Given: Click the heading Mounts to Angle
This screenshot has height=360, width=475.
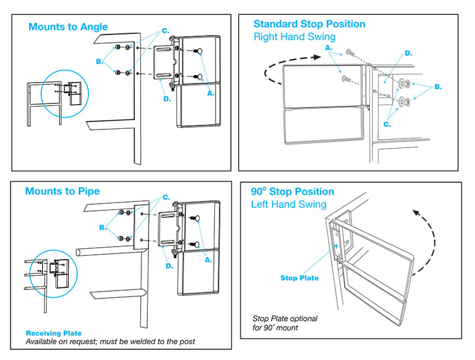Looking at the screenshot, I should tap(68, 27).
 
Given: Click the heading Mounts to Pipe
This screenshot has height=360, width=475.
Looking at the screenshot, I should tap(62, 191).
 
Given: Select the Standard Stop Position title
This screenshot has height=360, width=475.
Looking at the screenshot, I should tap(309, 24).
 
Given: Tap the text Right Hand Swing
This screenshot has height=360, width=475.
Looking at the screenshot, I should tap(294, 37).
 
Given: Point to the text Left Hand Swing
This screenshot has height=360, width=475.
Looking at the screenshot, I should tap(289, 204).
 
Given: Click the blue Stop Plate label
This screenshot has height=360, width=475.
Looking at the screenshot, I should tap(299, 278).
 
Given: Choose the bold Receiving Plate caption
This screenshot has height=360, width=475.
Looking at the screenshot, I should tap(53, 333).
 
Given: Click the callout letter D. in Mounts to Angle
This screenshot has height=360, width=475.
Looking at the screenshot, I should tap(167, 99).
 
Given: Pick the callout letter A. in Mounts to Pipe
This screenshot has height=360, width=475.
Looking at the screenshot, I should tap(208, 260).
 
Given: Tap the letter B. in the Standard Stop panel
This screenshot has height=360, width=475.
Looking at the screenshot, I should tap(438, 87).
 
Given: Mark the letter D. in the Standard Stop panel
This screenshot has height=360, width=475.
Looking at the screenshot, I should tap(408, 54).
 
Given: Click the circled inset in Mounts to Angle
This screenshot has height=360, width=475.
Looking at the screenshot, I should tap(64, 93).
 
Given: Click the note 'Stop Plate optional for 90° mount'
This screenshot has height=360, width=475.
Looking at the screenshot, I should tap(285, 323).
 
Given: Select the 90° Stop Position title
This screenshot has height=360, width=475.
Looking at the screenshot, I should tap(292, 192).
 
